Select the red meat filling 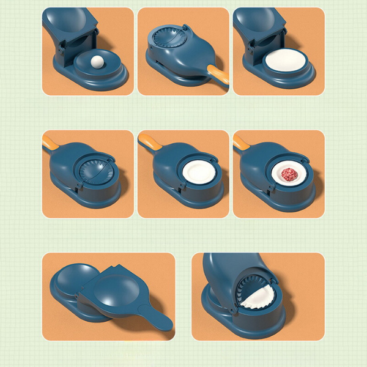[x=288, y=175]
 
